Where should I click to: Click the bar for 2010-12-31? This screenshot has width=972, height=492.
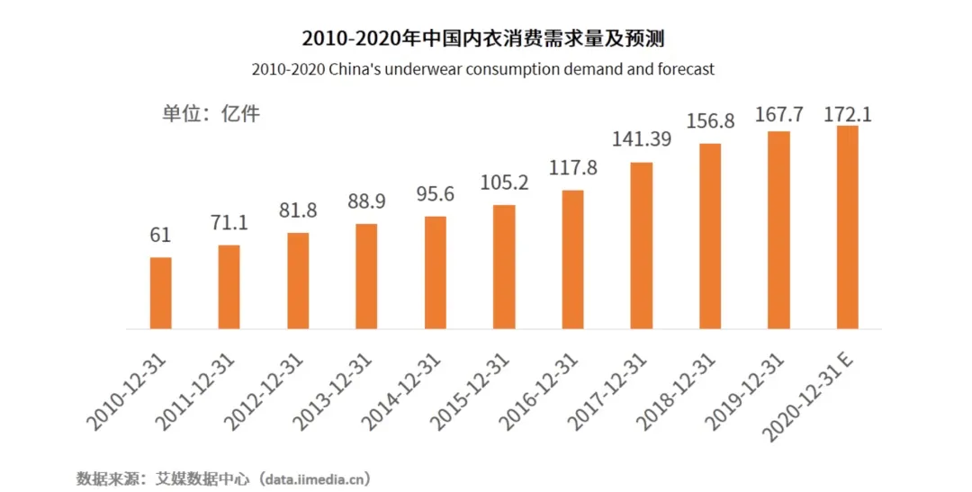click(160, 292)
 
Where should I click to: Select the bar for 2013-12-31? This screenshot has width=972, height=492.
click(366, 275)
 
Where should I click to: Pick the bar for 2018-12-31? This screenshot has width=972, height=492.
click(710, 236)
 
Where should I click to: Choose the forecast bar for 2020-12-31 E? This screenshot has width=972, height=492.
click(847, 227)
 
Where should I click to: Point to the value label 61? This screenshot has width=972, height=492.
click(160, 235)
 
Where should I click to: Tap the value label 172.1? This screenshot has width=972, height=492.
click(848, 115)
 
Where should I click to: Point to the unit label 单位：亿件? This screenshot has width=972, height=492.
click(211, 114)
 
